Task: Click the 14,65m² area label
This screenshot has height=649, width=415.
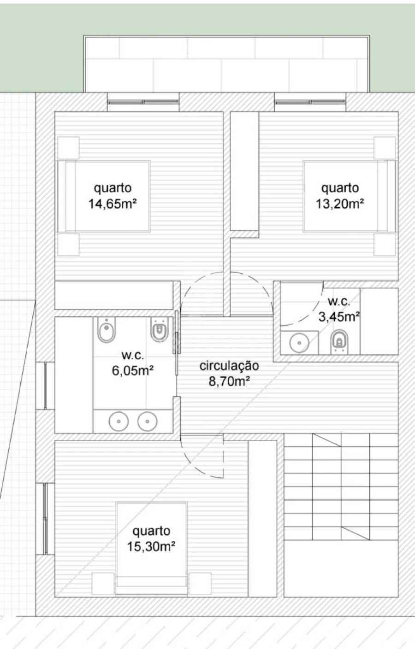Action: (113, 204)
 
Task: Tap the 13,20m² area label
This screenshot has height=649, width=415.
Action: (340, 204)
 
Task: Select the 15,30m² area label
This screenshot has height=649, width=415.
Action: (151, 547)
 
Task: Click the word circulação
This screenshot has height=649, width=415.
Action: (229, 366)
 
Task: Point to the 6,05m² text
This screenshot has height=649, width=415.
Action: (133, 371)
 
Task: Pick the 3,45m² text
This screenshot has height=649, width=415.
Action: (339, 317)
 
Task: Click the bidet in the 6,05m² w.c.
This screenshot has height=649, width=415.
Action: (107, 329)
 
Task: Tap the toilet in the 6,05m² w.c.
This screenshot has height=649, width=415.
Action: (159, 329)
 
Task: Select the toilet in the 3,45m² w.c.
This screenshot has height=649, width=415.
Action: (339, 342)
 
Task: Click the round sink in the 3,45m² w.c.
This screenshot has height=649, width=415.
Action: (299, 343)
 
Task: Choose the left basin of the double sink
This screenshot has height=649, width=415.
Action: (119, 421)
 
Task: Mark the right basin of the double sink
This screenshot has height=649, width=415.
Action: (147, 421)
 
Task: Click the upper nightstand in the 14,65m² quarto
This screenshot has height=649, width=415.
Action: (68, 148)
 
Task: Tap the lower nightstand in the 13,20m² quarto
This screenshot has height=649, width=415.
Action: (385, 245)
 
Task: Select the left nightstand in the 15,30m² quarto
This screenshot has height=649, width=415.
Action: (103, 583)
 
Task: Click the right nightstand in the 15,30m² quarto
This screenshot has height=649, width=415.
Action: (200, 583)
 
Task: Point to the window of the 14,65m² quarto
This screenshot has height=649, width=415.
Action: (143, 102)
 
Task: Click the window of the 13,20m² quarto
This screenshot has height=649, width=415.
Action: (310, 102)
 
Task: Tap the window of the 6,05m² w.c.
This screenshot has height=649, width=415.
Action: (45, 386)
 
